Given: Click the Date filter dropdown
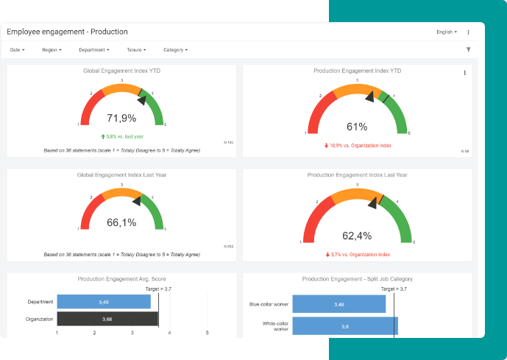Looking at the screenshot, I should [x=18, y=50].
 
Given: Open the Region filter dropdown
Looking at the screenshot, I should [x=52, y=50].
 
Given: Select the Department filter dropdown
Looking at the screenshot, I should [x=94, y=50].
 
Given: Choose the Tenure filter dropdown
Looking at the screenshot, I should [x=136, y=50].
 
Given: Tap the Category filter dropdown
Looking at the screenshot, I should [x=175, y=50].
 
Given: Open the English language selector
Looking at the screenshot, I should [x=447, y=32].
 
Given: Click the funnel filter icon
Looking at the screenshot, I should [x=469, y=50].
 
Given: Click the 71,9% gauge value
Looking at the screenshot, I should [x=121, y=118].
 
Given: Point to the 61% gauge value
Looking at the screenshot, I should [x=357, y=126].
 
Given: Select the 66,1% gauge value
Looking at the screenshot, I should [x=121, y=222].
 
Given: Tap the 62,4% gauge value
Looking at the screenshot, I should [x=357, y=236].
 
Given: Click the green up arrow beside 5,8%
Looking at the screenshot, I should [x=103, y=136].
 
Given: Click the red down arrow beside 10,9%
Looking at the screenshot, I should [x=326, y=145].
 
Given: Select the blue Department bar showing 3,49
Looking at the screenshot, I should [x=104, y=302].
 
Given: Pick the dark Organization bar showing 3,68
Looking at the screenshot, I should [x=107, y=319].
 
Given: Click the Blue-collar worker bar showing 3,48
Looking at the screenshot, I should [x=338, y=304].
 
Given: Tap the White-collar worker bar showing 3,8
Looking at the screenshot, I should [x=344, y=325].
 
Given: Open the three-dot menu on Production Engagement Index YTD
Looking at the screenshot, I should [x=464, y=73].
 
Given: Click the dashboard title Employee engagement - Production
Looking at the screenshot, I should [x=68, y=32].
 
